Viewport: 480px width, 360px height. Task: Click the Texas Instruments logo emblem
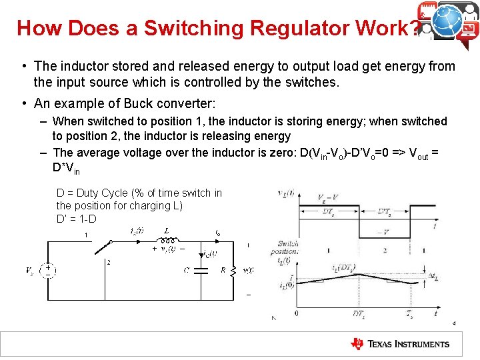[x=357, y=344]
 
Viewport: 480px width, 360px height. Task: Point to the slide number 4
[x=454, y=323]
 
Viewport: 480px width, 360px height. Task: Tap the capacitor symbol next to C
[x=204, y=270]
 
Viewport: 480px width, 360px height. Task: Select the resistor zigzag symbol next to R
[x=233, y=270]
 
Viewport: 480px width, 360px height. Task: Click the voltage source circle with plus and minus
[x=48, y=270]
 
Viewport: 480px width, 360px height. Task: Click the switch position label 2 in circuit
[x=108, y=262]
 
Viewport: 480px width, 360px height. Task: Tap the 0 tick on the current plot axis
[x=296, y=313]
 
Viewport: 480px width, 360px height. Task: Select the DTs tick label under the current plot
[x=360, y=313]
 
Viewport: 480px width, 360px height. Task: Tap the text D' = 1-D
[x=77, y=218]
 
